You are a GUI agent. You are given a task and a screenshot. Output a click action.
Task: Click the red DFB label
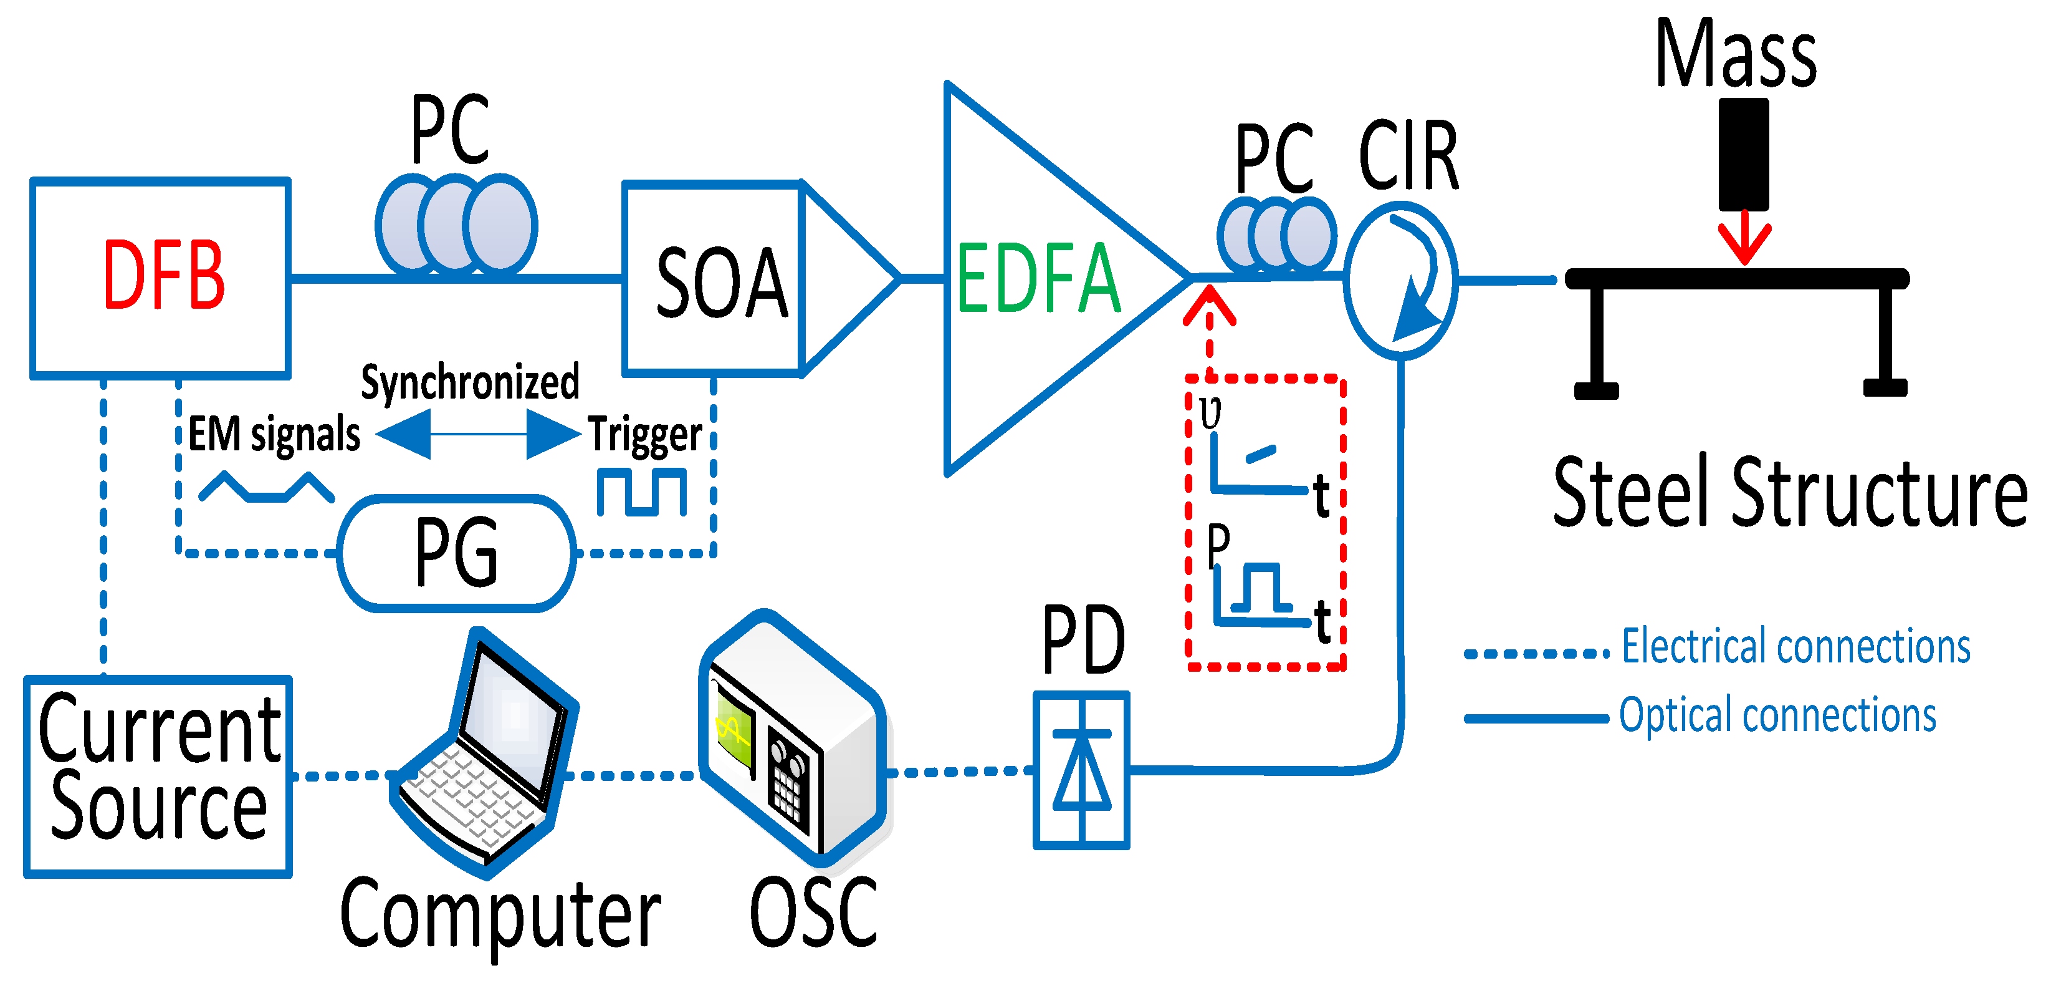pos(164,275)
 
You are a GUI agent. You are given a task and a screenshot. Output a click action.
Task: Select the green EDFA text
pos(1038,278)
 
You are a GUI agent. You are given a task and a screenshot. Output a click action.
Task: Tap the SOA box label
pos(721,282)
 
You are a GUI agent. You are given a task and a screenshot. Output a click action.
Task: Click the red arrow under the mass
pos(1744,238)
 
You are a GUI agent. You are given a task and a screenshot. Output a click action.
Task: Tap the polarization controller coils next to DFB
pos(456,225)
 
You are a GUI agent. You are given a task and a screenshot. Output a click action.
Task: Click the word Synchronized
pos(470,382)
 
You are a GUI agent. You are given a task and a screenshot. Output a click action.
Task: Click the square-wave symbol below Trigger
pos(642,492)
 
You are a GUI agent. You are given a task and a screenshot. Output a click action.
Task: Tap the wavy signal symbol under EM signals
pos(266,488)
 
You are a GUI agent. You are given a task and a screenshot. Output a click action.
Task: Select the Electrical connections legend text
pos(1796,646)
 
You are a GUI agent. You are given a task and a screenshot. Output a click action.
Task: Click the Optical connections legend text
pos(1778,715)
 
